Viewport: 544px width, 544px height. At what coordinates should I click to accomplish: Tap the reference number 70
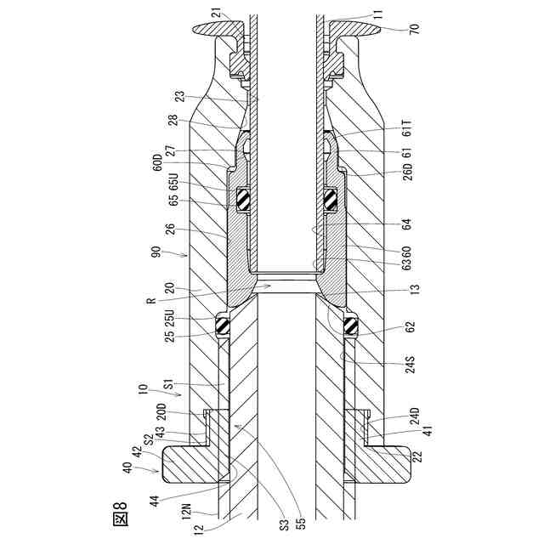(415, 27)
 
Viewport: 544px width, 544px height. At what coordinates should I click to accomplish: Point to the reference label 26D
(409, 172)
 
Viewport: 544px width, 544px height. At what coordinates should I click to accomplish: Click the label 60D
(157, 162)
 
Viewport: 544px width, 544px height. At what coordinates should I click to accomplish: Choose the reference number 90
(156, 252)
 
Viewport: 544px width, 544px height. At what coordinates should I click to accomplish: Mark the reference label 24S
(410, 364)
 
